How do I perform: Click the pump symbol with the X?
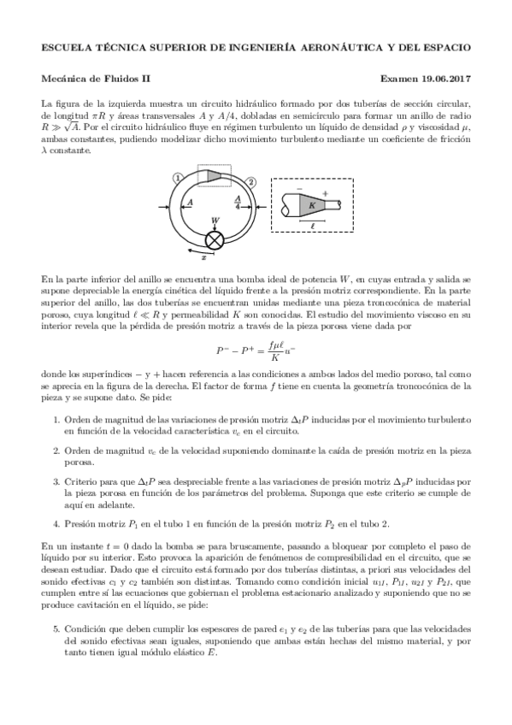pos(214,239)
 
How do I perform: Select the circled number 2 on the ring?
pos(250,181)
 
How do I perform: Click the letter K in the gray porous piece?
pos(312,205)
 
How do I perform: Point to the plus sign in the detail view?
pos(324,193)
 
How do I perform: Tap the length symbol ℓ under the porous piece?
pos(313,226)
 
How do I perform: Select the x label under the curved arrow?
pos(203,256)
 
